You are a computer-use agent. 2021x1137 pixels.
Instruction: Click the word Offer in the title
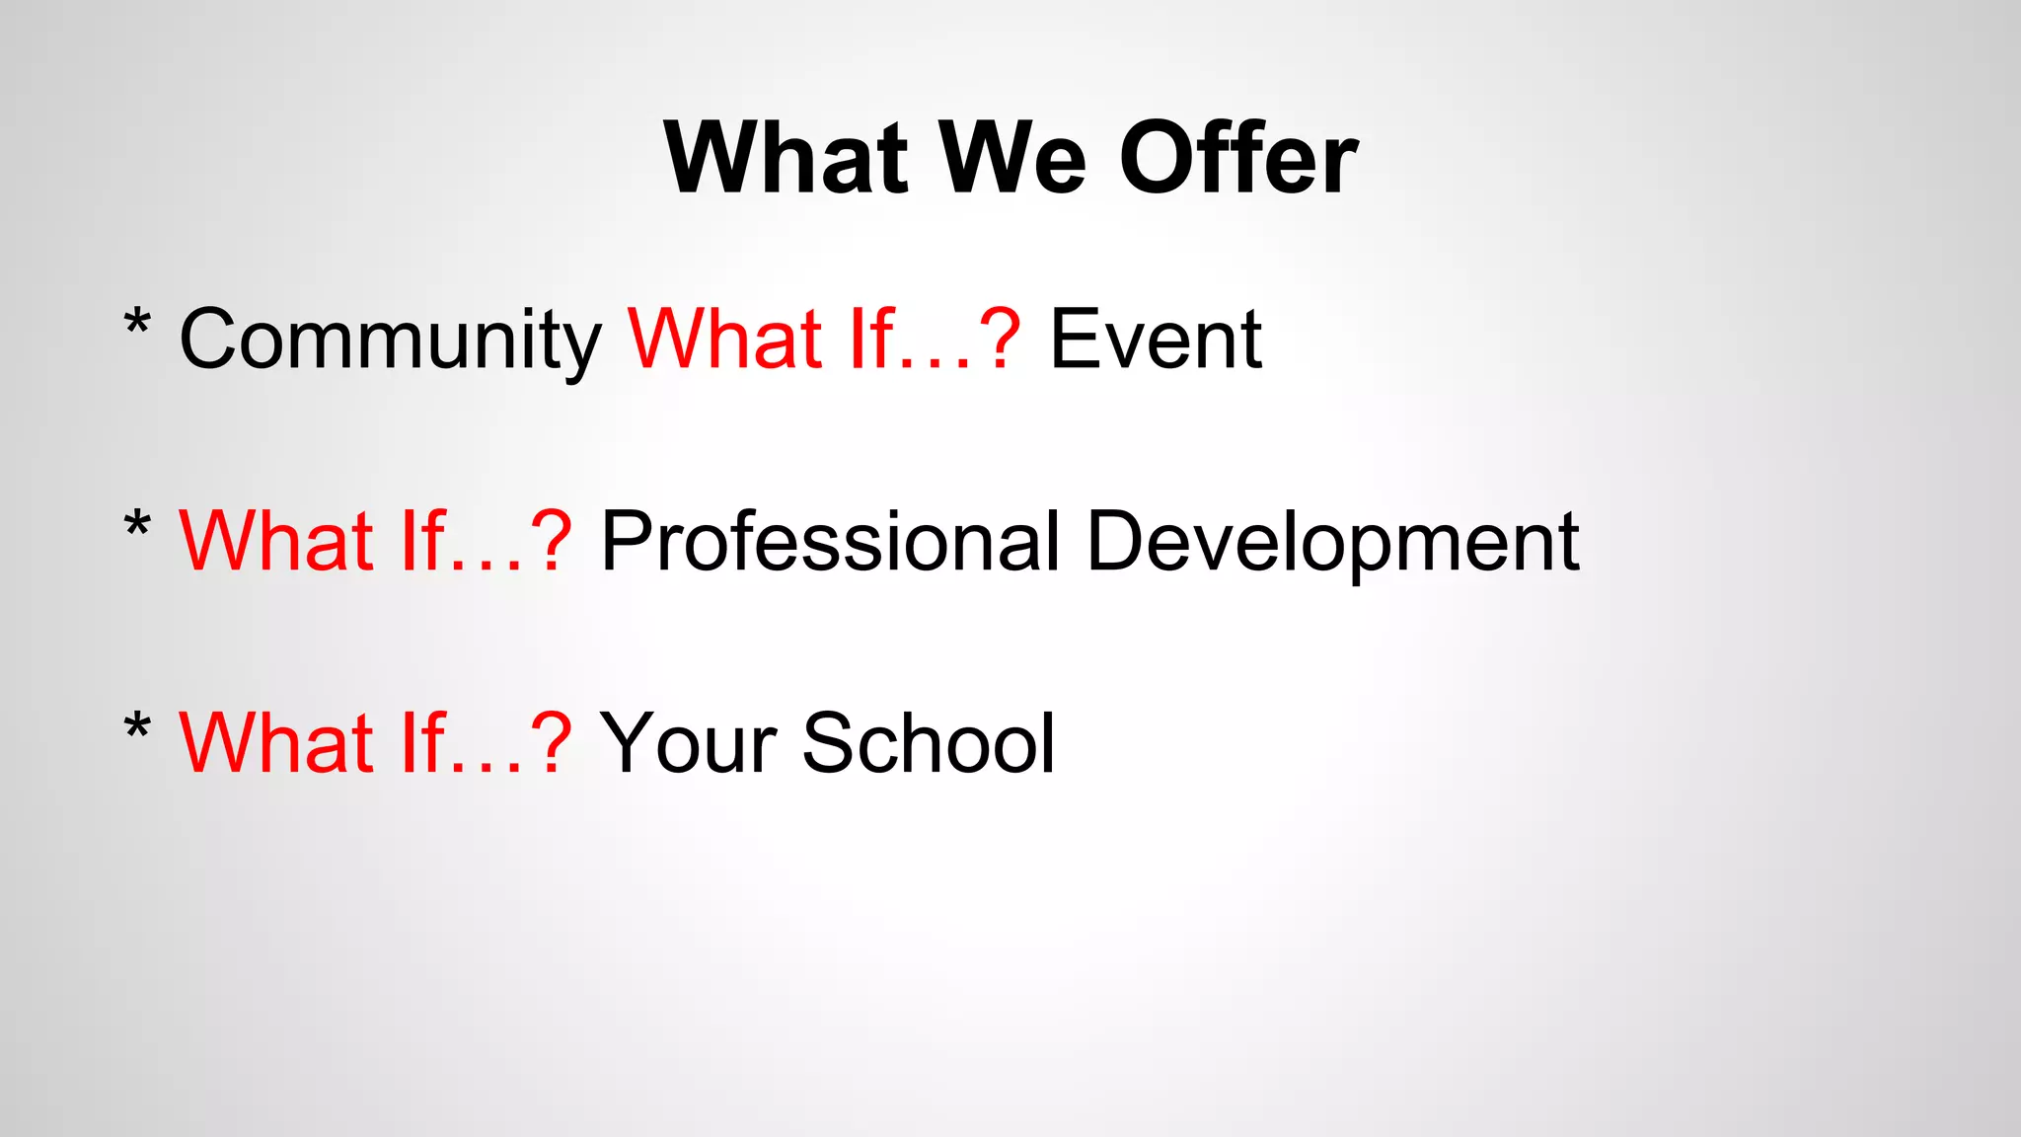1238,158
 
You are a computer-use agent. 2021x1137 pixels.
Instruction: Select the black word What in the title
786,158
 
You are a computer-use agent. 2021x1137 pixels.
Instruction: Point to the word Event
1155,339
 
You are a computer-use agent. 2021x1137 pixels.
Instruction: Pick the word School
929,742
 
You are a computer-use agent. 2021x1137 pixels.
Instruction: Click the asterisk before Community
137,324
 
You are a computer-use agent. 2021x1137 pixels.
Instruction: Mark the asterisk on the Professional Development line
137,525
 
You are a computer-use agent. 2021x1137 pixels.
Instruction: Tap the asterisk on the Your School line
137,727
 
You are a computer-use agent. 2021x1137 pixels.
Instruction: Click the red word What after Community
725,339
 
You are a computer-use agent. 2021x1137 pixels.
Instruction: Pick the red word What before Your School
276,742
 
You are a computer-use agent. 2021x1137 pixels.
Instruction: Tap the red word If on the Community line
870,339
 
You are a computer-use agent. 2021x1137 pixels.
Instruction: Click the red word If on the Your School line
421,742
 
